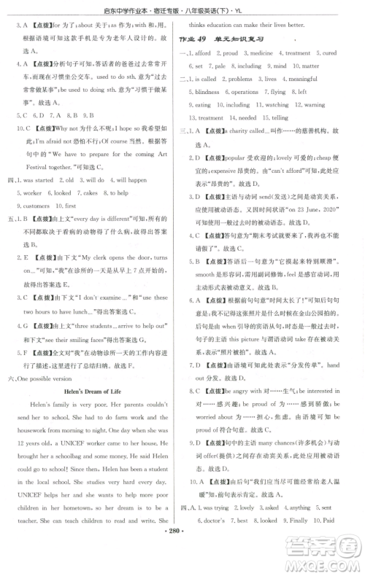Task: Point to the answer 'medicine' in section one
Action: pyautogui.click(x=258, y=53)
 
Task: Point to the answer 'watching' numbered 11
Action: pyautogui.click(x=277, y=105)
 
